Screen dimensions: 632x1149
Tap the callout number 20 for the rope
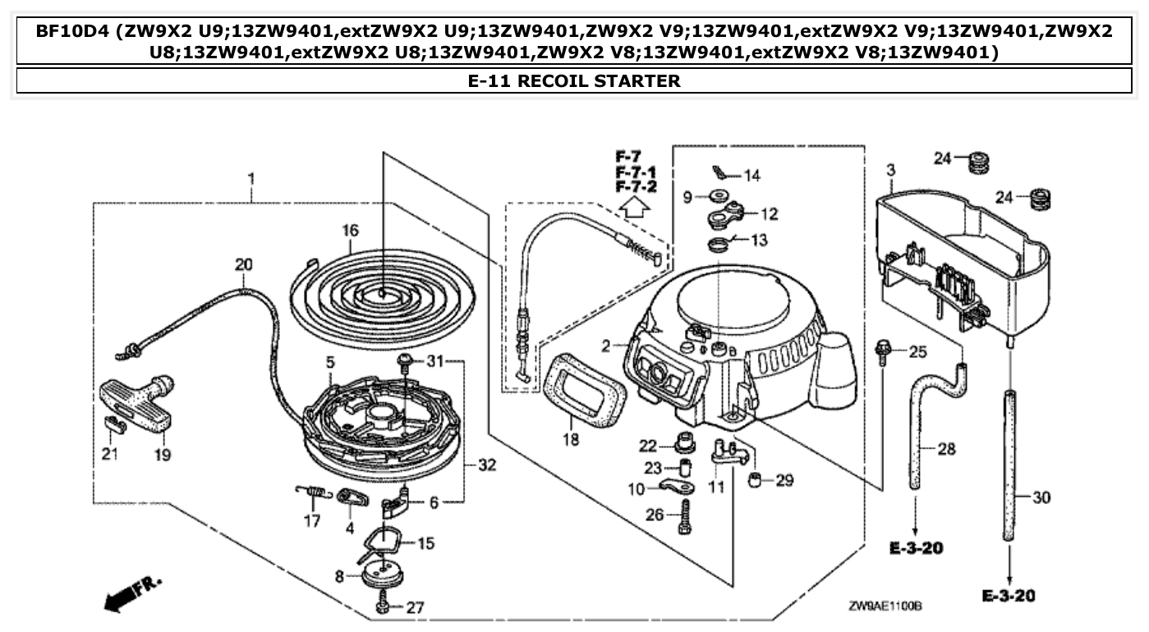tap(244, 265)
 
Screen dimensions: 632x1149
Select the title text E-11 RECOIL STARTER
tap(573, 81)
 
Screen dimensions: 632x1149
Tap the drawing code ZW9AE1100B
tap(885, 606)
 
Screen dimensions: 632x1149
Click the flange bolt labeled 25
tap(883, 351)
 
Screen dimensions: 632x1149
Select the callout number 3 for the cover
tap(890, 170)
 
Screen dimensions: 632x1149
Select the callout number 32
tap(487, 465)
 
